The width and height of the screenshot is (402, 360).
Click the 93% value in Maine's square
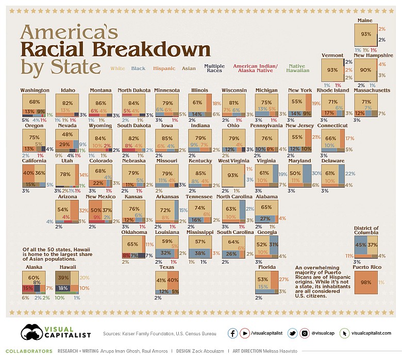pos(366,34)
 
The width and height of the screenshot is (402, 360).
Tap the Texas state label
pos(167,268)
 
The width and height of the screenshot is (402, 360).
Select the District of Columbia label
pos(366,230)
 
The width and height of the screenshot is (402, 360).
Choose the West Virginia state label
pos(234,161)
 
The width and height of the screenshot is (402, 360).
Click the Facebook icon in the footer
pos(233,333)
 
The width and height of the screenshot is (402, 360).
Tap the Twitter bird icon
pos(292,333)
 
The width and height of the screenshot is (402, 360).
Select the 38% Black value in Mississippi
pos(198,253)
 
